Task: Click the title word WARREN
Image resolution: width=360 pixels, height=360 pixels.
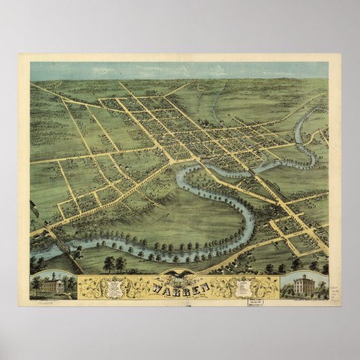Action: pos(181,286)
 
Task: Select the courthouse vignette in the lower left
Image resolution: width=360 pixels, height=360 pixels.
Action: pos(52,285)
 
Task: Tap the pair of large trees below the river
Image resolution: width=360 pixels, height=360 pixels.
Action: pos(115,262)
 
